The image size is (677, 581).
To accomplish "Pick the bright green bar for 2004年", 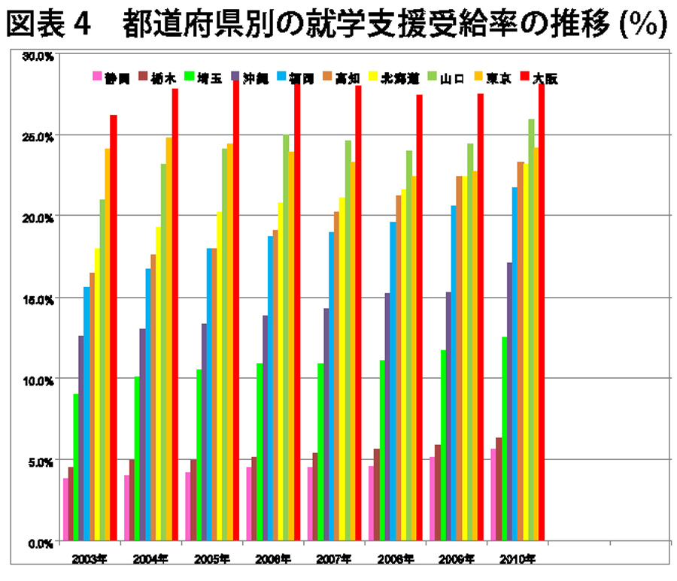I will [137, 458].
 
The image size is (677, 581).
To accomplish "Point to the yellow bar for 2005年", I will [219, 376].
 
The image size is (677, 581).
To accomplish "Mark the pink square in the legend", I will [97, 77].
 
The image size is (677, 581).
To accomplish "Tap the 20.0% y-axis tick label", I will [37, 217].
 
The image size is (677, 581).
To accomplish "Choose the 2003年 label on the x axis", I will [89, 558].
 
